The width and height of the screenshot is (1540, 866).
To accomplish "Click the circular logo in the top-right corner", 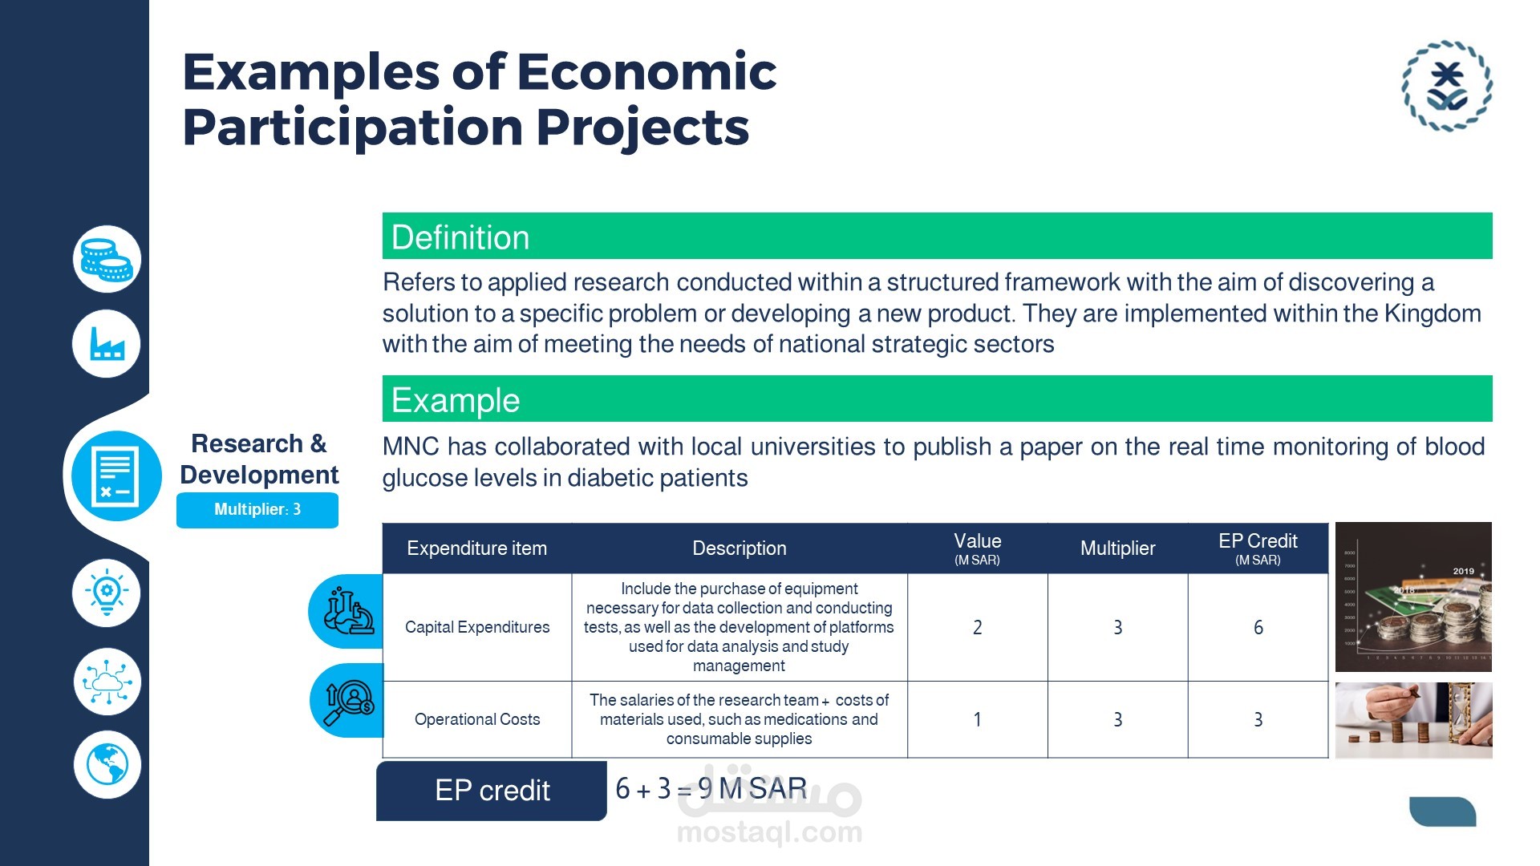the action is point(1447,86).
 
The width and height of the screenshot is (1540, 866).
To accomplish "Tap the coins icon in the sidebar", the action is point(107,259).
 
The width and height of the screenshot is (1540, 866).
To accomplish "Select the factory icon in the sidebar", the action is point(107,344).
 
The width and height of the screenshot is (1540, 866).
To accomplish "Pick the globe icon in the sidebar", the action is point(107,764).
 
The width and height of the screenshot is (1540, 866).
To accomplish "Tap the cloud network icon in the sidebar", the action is point(107,682).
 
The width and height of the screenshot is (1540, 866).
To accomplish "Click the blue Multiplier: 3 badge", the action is point(257,510).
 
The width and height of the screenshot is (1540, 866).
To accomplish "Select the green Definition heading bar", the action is point(937,236).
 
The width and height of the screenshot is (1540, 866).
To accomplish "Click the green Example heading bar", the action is point(937,399).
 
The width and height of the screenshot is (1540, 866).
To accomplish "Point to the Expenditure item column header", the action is point(477,548).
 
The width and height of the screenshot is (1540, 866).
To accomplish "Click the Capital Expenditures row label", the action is point(477,627).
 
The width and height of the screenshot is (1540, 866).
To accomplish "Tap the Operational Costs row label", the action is point(477,719).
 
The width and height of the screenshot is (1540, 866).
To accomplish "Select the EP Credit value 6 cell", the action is point(1258,627).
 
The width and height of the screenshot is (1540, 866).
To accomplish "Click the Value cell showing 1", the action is point(977,719).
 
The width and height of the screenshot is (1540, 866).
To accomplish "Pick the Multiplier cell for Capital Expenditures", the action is point(1117,627).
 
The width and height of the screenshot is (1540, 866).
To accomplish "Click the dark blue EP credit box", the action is point(492,791).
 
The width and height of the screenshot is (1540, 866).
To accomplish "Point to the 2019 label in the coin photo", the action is point(1464,571).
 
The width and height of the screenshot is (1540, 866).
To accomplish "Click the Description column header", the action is point(739,548).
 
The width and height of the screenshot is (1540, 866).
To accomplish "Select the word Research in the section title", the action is point(247,443).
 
